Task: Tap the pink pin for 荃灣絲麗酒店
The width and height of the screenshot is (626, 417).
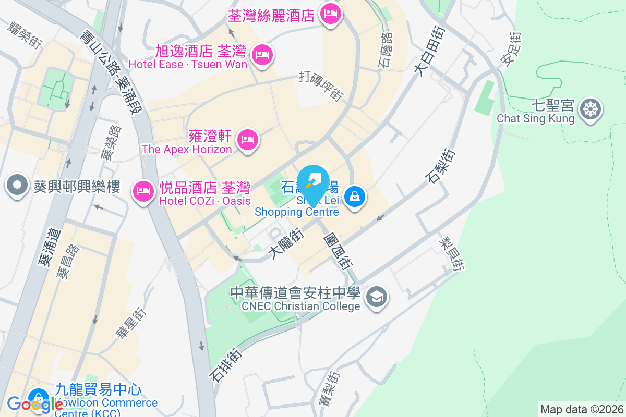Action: coord(330,14)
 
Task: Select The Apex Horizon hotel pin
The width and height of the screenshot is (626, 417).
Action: coord(248,140)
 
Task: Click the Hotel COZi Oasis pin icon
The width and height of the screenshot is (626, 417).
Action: coord(142,191)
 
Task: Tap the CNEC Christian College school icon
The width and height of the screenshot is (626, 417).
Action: coord(376,297)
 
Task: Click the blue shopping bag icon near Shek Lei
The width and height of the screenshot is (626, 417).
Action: coord(355,197)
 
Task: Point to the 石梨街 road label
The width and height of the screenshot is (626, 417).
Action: coord(441,167)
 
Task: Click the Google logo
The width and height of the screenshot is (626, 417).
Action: coord(35,403)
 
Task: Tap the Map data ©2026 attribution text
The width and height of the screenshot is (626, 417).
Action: coord(581,410)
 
